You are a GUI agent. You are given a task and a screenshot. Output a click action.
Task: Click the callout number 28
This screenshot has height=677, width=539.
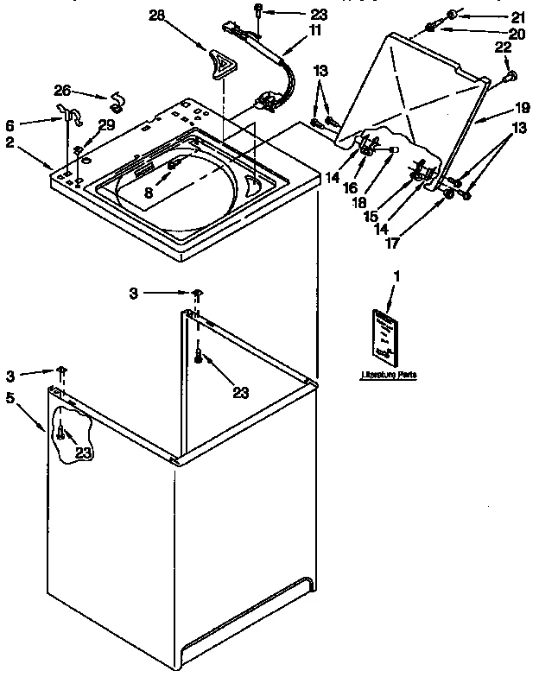click(155, 16)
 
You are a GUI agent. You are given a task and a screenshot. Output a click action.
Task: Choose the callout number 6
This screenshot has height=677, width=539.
click(10, 123)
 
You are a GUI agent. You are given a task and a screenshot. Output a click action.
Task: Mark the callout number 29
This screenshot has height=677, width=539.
click(106, 126)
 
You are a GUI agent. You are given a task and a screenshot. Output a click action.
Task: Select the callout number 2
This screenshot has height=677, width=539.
click(9, 142)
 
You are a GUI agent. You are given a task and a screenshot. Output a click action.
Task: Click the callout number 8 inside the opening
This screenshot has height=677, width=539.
click(149, 193)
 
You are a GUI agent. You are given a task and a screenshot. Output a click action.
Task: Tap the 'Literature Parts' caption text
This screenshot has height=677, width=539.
click(383, 376)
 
